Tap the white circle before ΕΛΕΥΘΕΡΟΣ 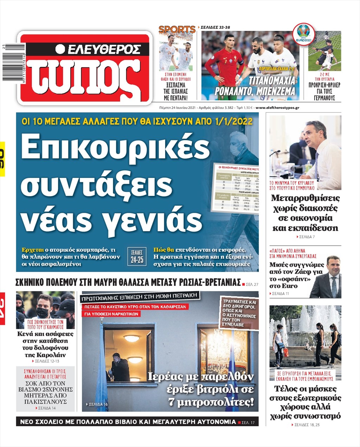(60, 49)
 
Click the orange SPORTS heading (177, 30)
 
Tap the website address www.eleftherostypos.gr (277, 108)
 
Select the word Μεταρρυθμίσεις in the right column (305, 198)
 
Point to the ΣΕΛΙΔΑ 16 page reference (98, 404)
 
